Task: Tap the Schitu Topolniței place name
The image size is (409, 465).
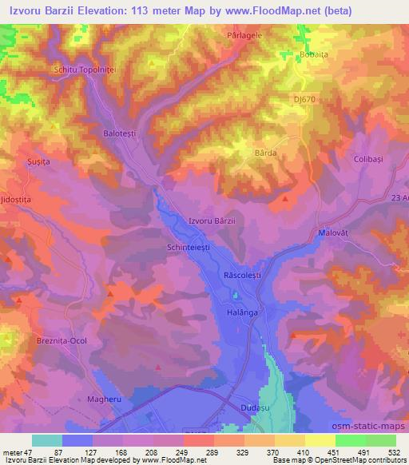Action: pos(85,70)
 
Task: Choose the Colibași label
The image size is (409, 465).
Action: pos(370,159)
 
